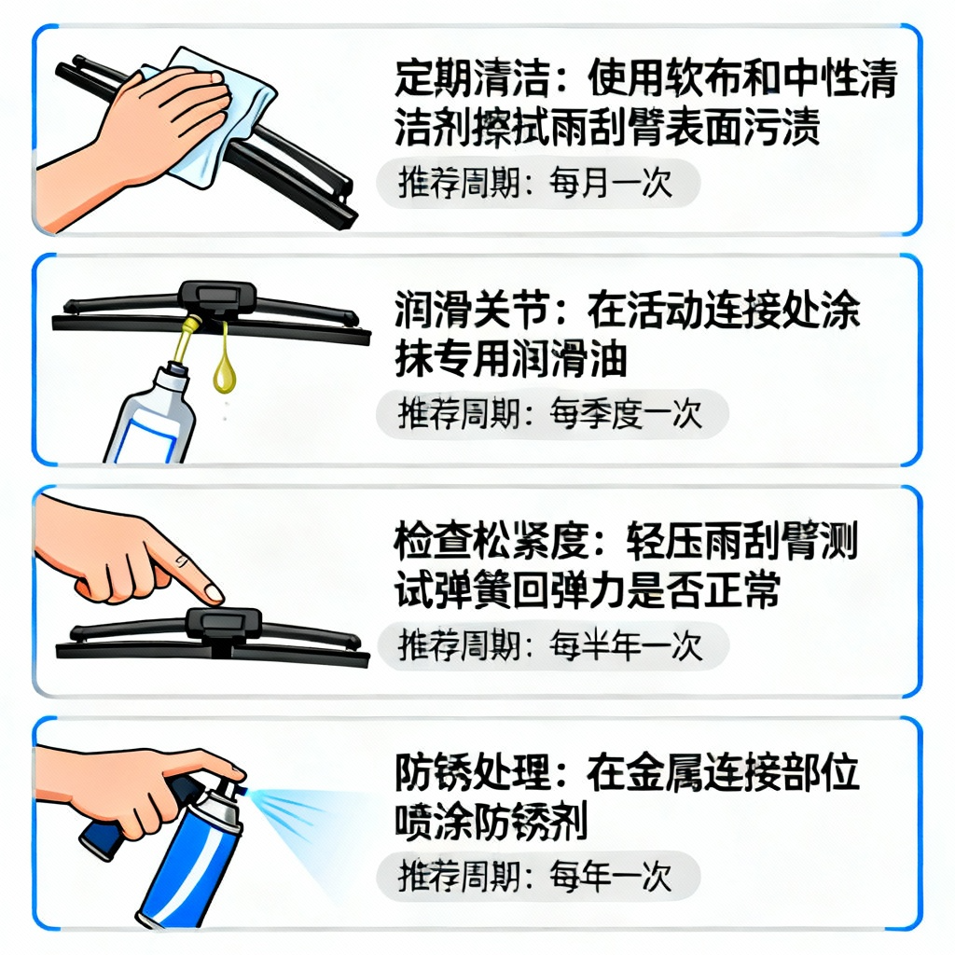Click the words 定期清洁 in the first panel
coord(472,79)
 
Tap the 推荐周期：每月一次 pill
coord(538,183)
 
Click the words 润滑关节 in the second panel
coord(472,310)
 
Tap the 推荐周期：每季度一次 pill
coord(552,413)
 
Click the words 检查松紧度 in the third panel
coord(491,540)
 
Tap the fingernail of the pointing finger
coord(214,592)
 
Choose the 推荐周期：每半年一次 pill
coord(552,645)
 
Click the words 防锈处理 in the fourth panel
coord(472,772)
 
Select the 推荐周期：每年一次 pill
coord(538,877)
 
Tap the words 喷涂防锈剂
coord(491,821)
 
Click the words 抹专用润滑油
coord(510,358)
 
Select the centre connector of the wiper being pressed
coord(224,624)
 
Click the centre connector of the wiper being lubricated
coord(217,298)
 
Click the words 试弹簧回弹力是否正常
coord(588,589)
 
